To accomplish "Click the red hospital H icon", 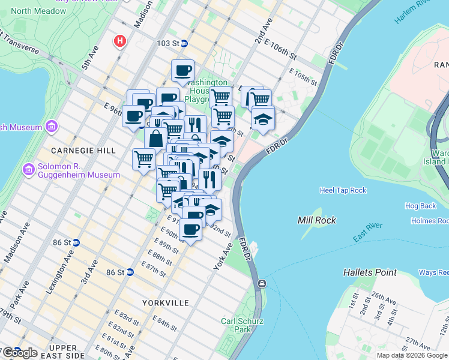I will coord(120,41).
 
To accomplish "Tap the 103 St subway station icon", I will coord(184,43).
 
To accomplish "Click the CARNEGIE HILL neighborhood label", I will coord(79,150).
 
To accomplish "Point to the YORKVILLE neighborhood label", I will coord(166,303).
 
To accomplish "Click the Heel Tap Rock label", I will coord(343,190).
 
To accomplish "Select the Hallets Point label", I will coord(370,272).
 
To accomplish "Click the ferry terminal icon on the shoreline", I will coord(262,283).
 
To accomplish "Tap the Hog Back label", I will coord(420,206).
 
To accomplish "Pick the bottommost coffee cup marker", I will coord(190,230).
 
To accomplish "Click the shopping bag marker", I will coord(155,139).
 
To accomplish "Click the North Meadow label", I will coord(30,11).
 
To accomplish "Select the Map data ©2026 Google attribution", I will coord(412,355).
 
